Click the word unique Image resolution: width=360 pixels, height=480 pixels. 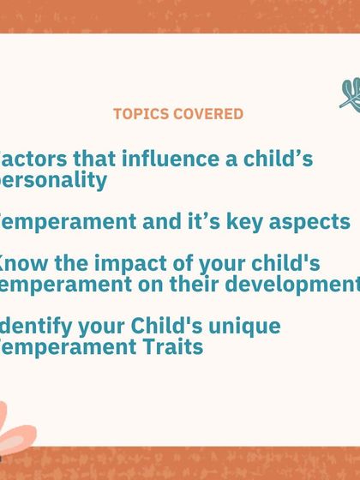(x=243, y=326)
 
